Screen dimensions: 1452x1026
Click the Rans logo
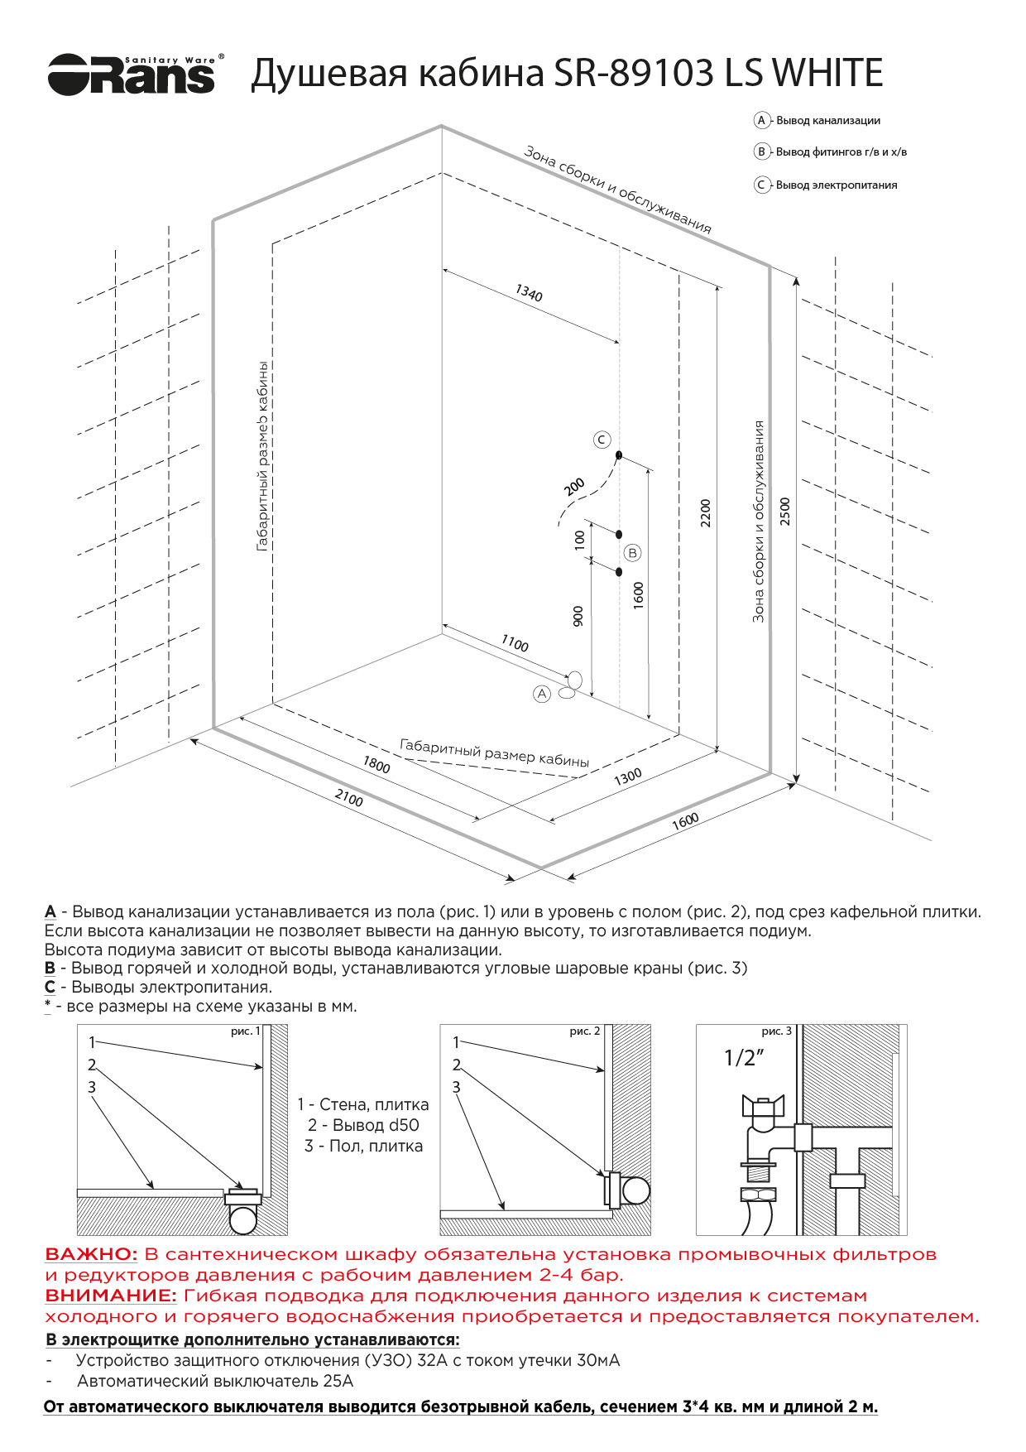point(132,75)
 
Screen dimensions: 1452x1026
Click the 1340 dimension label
point(529,294)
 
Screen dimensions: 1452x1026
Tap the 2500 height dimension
point(785,511)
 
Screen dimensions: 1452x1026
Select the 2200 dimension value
point(705,512)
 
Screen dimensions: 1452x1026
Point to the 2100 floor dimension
point(348,798)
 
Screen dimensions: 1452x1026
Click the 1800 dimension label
point(376,765)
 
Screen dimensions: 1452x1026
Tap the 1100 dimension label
point(515,643)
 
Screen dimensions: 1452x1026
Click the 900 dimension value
point(578,615)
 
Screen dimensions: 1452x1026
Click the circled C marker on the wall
point(602,440)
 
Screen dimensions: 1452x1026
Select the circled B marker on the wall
point(632,552)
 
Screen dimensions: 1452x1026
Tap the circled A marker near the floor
point(542,694)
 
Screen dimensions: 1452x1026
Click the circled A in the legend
point(761,120)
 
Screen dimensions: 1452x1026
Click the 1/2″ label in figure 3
point(743,1057)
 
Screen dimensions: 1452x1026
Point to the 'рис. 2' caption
point(584,1031)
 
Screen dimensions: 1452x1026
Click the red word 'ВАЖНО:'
point(91,1255)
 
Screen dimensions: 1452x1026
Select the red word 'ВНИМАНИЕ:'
point(110,1296)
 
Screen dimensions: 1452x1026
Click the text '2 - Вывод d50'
point(363,1125)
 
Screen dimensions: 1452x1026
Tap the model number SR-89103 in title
point(633,73)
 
